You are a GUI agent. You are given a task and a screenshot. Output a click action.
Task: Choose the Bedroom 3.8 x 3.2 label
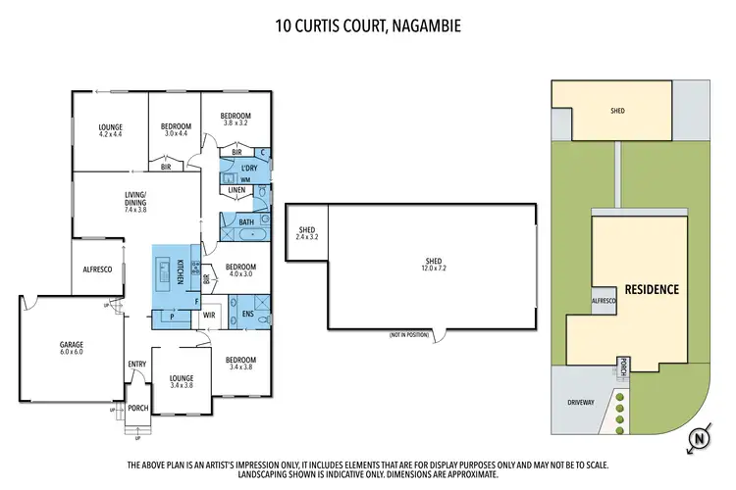click(237, 119)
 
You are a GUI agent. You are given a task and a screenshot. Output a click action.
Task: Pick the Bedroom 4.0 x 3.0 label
click(240, 269)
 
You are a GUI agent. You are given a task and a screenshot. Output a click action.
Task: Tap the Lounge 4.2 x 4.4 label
click(109, 129)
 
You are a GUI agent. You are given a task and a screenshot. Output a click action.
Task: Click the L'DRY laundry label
click(248, 169)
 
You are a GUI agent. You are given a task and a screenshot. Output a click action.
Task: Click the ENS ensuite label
click(247, 315)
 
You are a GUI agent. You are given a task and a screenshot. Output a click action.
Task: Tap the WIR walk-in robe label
click(209, 315)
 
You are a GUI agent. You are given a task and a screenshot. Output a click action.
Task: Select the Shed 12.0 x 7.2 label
click(434, 265)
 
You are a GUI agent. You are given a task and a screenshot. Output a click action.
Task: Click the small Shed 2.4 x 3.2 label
click(307, 233)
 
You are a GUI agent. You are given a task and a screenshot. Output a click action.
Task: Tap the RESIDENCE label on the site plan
click(652, 290)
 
